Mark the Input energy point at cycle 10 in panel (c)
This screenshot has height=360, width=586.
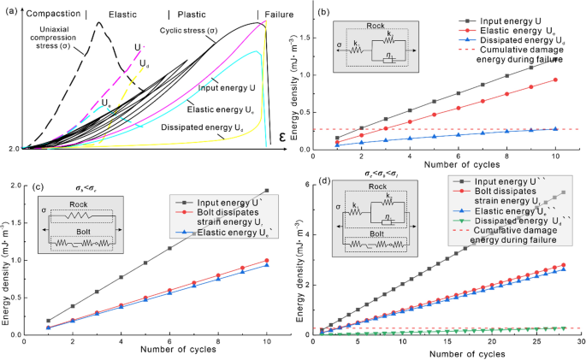pyautogui.click(x=268, y=191)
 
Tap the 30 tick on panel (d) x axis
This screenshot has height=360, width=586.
pyautogui.click(x=581, y=341)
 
